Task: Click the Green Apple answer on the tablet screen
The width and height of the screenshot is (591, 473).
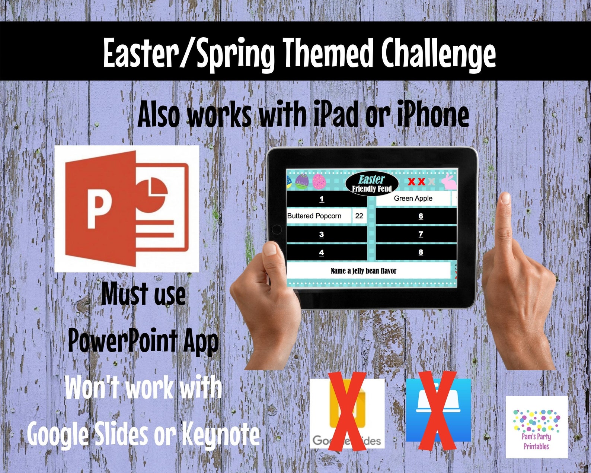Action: click(x=413, y=199)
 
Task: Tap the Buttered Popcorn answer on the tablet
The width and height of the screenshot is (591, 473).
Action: click(x=314, y=216)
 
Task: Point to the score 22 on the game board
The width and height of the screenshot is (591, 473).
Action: click(x=359, y=216)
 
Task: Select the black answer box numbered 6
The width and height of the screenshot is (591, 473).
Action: click(x=416, y=216)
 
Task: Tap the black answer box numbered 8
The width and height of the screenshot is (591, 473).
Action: click(x=416, y=253)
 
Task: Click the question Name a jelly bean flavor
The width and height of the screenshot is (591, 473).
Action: click(x=363, y=271)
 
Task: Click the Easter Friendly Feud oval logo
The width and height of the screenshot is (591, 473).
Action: click(x=372, y=183)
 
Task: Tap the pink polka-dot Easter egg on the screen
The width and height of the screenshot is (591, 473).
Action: click(x=319, y=181)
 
